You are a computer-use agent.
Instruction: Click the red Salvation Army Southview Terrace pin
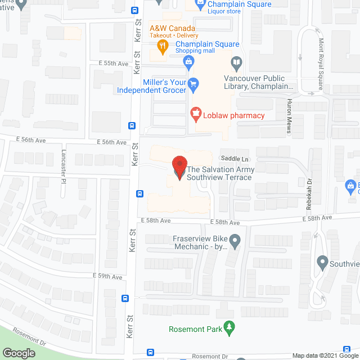[179, 167]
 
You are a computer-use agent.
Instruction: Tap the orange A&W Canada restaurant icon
[162, 47]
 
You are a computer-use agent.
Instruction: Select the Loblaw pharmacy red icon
[196, 115]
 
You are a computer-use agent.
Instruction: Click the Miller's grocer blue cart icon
[193, 85]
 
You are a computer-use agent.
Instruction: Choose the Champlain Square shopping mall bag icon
[189, 61]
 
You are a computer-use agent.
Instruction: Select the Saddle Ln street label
[235, 159]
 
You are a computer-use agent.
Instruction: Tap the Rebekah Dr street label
[309, 186]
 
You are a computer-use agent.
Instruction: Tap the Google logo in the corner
[18, 353]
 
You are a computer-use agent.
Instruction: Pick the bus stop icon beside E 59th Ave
[125, 299]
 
